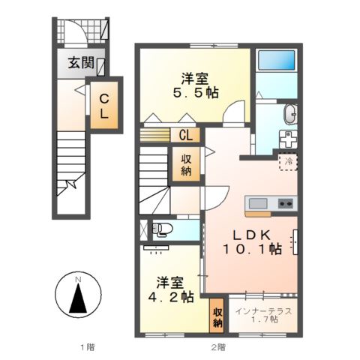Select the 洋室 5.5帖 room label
click(192, 85)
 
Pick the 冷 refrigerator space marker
click(289, 160)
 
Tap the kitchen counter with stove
click(271, 202)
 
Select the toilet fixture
click(158, 229)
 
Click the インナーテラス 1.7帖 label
click(263, 316)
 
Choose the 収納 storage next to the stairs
click(184, 163)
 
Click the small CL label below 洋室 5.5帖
click(186, 135)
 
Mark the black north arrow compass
click(78, 299)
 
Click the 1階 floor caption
click(87, 346)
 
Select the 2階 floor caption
click(217, 346)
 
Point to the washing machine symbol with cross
click(288, 139)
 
